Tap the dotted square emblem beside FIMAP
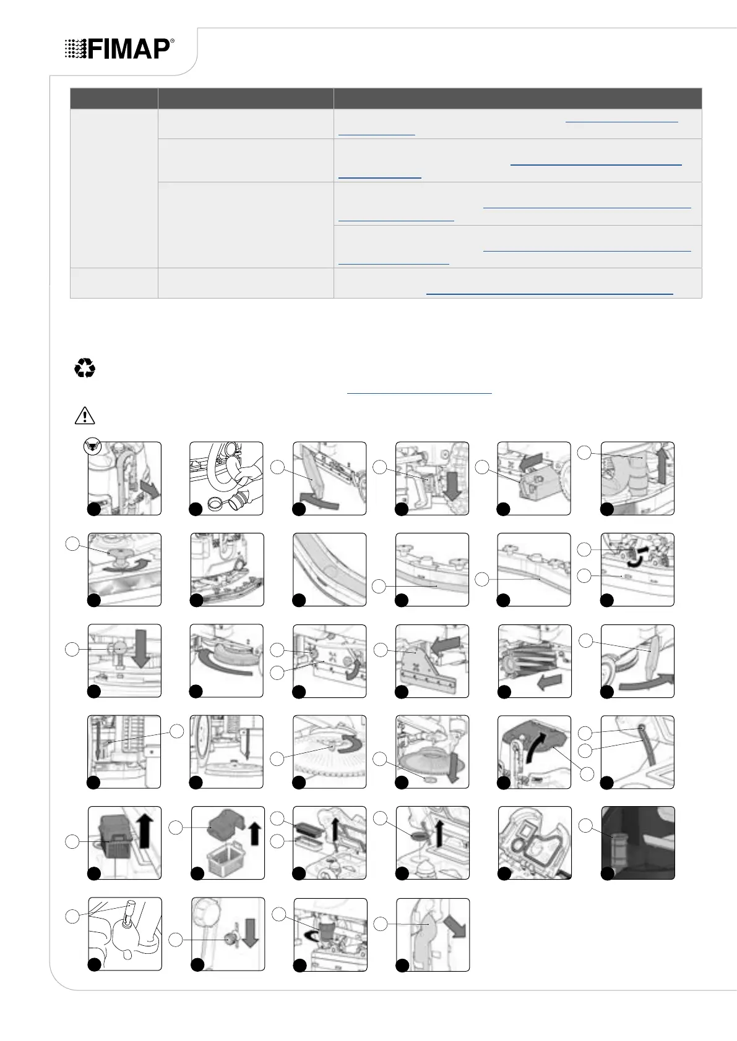[x=75, y=49]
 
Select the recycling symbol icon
[x=85, y=369]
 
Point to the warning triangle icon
[x=85, y=415]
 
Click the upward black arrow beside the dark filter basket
[x=144, y=832]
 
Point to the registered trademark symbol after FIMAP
[x=172, y=42]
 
